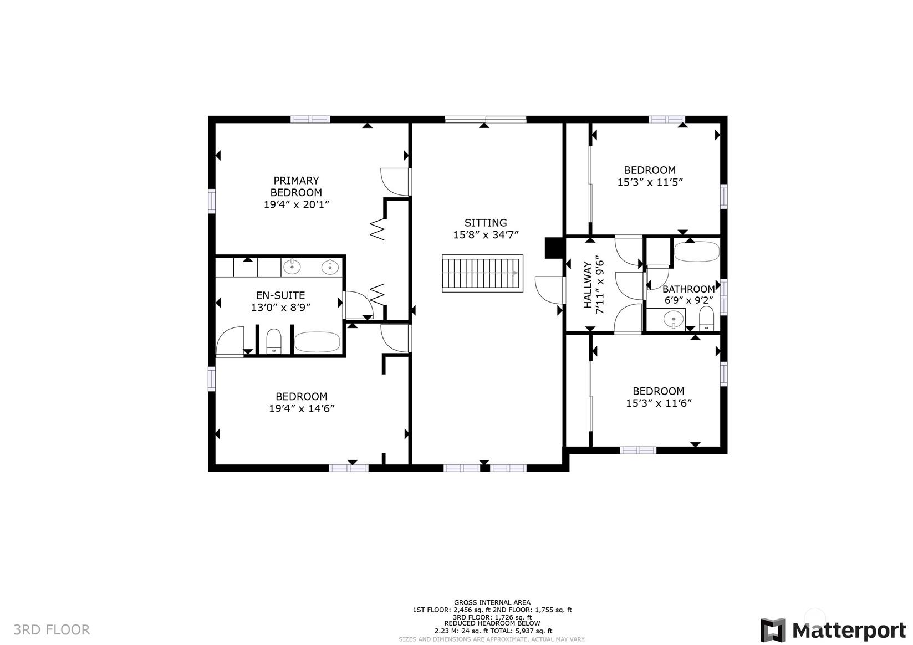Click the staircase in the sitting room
pyautogui.click(x=483, y=273)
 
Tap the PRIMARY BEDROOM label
pyautogui.click(x=297, y=186)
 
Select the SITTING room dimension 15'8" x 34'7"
pyautogui.click(x=486, y=235)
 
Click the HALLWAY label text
pyautogui.click(x=588, y=285)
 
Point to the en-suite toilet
pyautogui.click(x=274, y=341)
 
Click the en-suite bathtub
pyautogui.click(x=317, y=342)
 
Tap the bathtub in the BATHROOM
pyautogui.click(x=697, y=252)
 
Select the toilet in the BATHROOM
pyautogui.click(x=707, y=318)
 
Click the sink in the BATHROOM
pyautogui.click(x=674, y=319)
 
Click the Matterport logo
pyautogui.click(x=833, y=630)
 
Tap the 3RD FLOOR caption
pyautogui.click(x=52, y=630)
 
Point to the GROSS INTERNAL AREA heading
pyautogui.click(x=492, y=602)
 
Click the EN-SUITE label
pyautogui.click(x=280, y=295)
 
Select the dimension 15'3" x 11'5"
pyautogui.click(x=650, y=182)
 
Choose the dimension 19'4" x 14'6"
pyautogui.click(x=302, y=408)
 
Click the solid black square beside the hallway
pyautogui.click(x=554, y=248)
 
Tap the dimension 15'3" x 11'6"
pyautogui.click(x=659, y=403)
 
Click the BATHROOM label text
pyautogui.click(x=688, y=289)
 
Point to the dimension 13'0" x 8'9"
pyautogui.click(x=281, y=307)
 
